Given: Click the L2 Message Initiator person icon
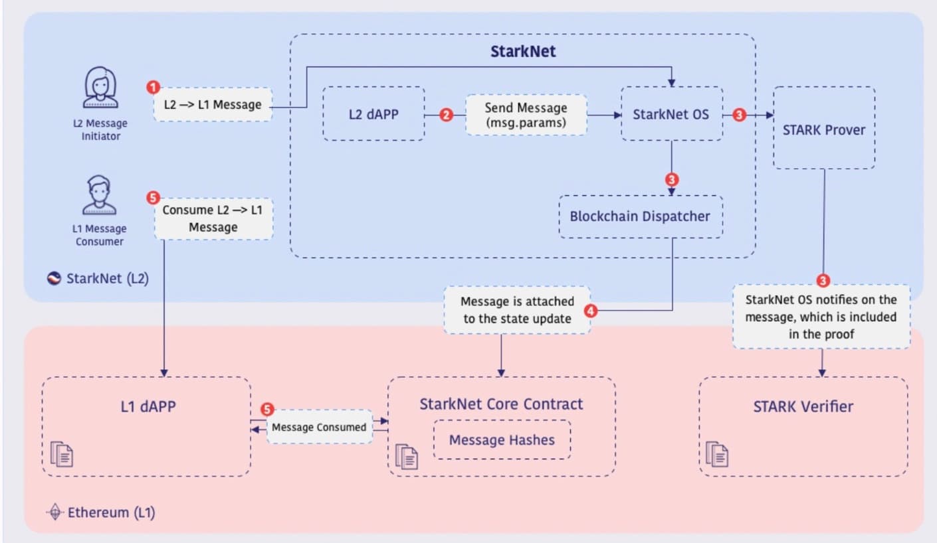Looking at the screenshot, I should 100,88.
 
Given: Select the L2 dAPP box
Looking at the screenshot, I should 373,114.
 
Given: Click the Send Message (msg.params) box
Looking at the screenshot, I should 526,114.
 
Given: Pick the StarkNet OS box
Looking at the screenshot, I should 672,114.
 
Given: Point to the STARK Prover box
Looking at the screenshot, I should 824,129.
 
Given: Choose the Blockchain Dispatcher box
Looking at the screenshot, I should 640,217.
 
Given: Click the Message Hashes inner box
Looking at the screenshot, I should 502,439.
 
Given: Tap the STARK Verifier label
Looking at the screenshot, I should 803,406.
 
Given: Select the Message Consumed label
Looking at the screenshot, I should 319,427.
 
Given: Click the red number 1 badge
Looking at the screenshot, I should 153,87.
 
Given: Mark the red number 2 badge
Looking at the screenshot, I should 446,115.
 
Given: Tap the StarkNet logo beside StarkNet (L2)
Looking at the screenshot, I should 54,278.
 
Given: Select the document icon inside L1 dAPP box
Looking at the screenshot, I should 62,454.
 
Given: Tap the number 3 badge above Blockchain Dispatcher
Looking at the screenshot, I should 672,180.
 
